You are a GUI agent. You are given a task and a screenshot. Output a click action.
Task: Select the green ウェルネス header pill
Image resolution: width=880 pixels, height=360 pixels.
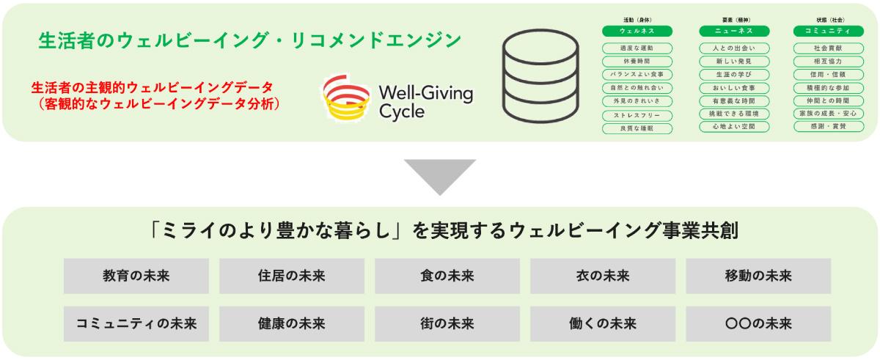(x=627, y=31)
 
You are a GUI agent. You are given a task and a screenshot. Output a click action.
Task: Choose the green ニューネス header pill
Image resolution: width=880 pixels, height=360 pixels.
(x=724, y=31)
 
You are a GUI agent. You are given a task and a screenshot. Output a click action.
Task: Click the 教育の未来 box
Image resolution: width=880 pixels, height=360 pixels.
(x=136, y=276)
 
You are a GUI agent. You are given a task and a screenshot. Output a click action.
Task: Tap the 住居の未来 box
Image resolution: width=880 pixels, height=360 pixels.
(x=291, y=276)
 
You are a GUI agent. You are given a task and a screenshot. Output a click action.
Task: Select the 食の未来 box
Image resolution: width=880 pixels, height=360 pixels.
(x=447, y=276)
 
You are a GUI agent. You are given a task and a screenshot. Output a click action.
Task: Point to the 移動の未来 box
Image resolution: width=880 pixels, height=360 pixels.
(x=758, y=276)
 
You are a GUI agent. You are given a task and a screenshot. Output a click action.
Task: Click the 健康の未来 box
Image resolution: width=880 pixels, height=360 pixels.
(x=291, y=323)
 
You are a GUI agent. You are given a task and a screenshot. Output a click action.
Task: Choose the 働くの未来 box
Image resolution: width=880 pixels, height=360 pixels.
(x=603, y=323)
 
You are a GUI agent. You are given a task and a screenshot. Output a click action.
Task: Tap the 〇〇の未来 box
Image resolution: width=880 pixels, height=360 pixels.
(x=758, y=323)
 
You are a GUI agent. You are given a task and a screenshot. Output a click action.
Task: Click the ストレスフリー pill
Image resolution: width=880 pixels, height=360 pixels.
(x=627, y=115)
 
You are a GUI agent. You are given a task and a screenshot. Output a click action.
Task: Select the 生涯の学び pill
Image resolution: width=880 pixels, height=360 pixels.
(x=724, y=75)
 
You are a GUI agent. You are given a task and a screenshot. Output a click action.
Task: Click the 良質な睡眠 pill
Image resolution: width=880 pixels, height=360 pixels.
(x=627, y=128)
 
